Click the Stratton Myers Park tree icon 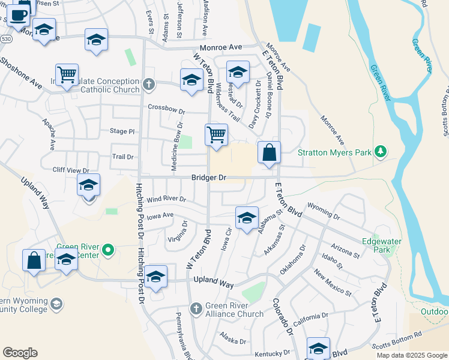[x=379, y=152]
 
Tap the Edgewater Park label [x=381, y=245]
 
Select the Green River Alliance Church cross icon [x=195, y=308]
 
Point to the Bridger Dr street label [x=209, y=178]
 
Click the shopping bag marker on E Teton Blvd [x=270, y=153]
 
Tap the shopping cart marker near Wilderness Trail [x=216, y=135]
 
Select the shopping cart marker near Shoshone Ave [x=67, y=76]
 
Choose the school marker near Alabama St [x=246, y=219]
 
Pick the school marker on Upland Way [x=155, y=277]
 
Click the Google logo [x=20, y=353]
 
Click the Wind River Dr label [x=166, y=199]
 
